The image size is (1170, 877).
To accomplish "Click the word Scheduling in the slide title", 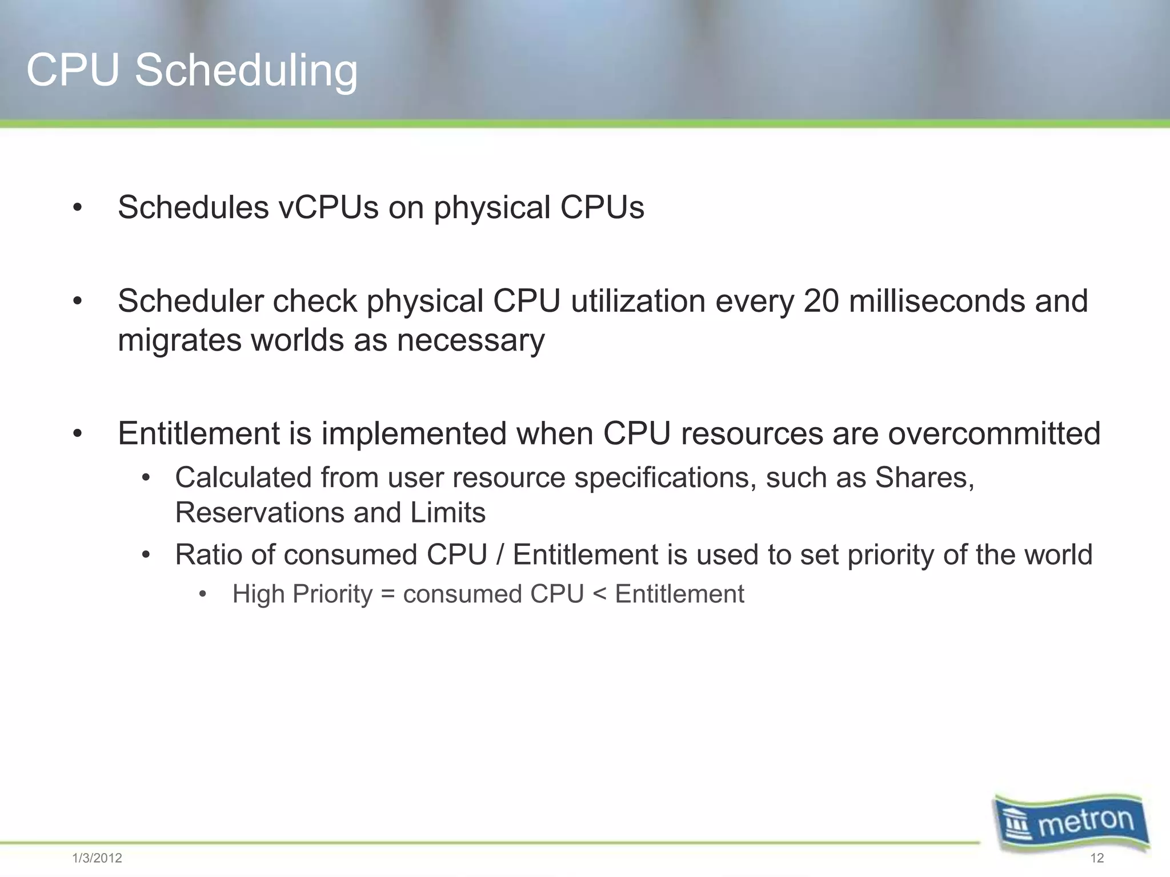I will pyautogui.click(x=246, y=71).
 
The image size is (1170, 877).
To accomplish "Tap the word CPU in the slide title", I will pyautogui.click(x=73, y=71).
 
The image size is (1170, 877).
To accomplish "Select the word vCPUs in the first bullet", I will pyautogui.click(x=328, y=207).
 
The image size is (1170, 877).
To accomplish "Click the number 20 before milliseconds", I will pyautogui.click(x=821, y=301).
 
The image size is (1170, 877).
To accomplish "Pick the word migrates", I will pyautogui.click(x=180, y=341).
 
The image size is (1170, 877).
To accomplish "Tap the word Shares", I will pyautogui.click(x=924, y=477).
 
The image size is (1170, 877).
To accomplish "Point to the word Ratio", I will pyautogui.click(x=209, y=554).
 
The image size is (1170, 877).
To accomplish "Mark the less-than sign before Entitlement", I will pyautogui.click(x=599, y=594).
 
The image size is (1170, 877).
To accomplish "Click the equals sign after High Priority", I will pyautogui.click(x=388, y=594).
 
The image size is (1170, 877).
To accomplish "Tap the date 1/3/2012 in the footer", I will pyautogui.click(x=97, y=858).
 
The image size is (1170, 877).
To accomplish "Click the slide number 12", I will pyautogui.click(x=1097, y=858).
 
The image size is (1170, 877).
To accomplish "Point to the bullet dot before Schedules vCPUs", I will pyautogui.click(x=78, y=208).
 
